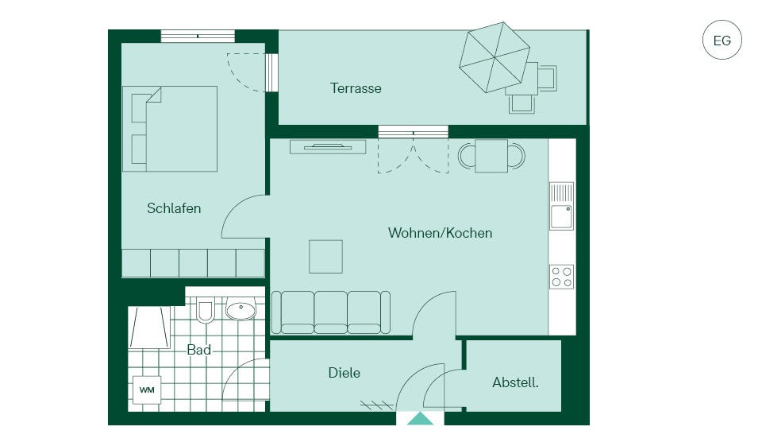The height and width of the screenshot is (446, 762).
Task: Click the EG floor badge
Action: click(x=722, y=40)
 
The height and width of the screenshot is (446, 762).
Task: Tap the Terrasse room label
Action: click(x=356, y=88)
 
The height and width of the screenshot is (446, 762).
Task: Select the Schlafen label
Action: click(x=174, y=208)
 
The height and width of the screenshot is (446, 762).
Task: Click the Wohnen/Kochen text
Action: click(x=440, y=233)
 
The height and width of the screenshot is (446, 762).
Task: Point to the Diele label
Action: click(x=344, y=373)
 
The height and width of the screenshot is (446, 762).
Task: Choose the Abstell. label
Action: click(x=515, y=382)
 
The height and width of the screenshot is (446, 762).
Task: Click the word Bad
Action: click(x=198, y=350)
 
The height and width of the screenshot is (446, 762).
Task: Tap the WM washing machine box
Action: click(x=147, y=390)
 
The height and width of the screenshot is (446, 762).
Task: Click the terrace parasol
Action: click(x=495, y=57)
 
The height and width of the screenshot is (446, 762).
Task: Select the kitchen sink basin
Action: click(x=561, y=217)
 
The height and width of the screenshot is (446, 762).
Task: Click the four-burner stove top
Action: click(x=561, y=277)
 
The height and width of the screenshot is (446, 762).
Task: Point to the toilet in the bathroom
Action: click(x=205, y=310)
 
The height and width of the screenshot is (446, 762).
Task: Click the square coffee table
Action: click(x=325, y=257)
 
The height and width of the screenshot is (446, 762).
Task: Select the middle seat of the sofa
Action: click(x=330, y=312)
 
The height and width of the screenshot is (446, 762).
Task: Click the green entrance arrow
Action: click(x=420, y=419)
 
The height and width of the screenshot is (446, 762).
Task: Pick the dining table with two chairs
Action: click(x=491, y=156)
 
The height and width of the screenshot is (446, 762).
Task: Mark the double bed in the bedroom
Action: click(x=170, y=129)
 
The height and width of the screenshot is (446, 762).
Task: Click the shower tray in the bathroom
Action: click(x=149, y=328)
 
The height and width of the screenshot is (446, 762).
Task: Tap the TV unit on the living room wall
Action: click(x=328, y=146)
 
